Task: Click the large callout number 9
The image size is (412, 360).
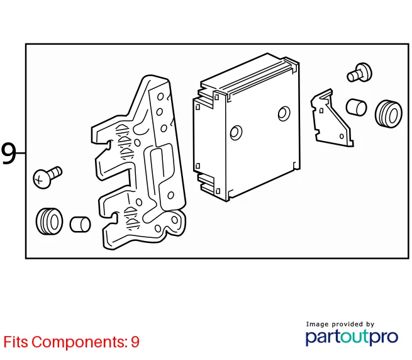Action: (x=8, y=154)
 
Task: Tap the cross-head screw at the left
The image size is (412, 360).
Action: (x=47, y=177)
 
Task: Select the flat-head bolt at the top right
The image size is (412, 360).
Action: (x=359, y=72)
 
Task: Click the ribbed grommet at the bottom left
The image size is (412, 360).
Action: (x=50, y=222)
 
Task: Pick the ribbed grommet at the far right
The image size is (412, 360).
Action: (x=389, y=114)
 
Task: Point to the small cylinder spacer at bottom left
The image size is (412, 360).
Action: (x=80, y=225)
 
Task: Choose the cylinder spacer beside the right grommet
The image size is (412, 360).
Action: (x=356, y=107)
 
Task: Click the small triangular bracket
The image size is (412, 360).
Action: (x=331, y=118)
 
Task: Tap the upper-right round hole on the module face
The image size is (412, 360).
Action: (x=284, y=113)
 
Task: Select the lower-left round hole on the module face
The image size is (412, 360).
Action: (x=236, y=133)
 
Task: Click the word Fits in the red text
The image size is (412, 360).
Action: (x=16, y=342)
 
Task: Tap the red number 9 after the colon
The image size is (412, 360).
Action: (x=135, y=342)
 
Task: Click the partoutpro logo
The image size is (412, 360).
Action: (x=352, y=337)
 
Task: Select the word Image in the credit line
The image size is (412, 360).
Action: (x=317, y=324)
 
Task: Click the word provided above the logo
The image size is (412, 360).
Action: (x=348, y=324)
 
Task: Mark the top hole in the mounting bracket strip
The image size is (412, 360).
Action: (x=160, y=97)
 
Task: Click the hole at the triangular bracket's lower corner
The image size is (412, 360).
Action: (x=342, y=137)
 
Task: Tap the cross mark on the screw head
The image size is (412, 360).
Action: (x=39, y=181)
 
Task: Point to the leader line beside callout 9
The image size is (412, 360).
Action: (x=21, y=153)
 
